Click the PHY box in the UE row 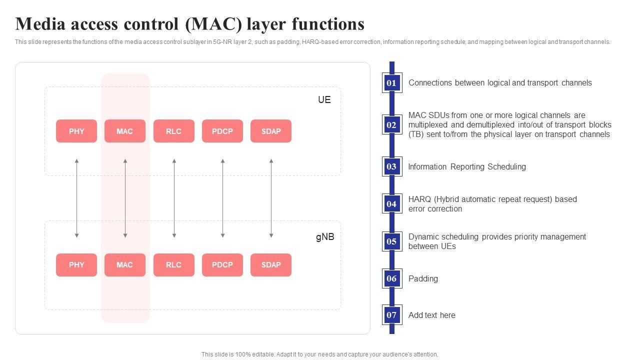click(76, 131)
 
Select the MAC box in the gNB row click(125, 265)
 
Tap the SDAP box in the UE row click(271, 131)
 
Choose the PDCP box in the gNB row click(222, 265)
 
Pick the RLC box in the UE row click(173, 131)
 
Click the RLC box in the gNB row click(173, 265)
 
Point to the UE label click(324, 99)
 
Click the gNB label click(325, 237)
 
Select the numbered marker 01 click(392, 83)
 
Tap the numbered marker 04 click(392, 203)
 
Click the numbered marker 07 click(392, 315)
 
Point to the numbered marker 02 click(392, 124)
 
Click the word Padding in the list click(423, 279)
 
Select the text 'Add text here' click(431, 315)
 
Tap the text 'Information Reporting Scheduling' click(467, 166)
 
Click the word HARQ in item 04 click(419, 199)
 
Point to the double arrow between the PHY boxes click(76, 198)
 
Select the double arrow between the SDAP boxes click(271, 198)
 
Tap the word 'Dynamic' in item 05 click(423, 237)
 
